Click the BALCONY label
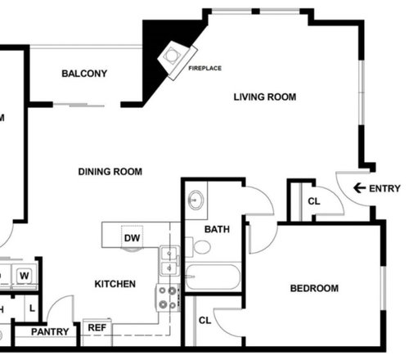(x=84, y=74)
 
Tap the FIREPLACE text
(x=205, y=68)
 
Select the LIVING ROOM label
(x=265, y=97)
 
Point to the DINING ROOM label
(x=110, y=172)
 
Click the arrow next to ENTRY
(x=359, y=188)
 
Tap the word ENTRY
(x=384, y=188)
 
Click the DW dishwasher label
(x=132, y=238)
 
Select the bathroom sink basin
(x=196, y=200)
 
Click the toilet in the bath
(x=199, y=247)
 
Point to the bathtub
(x=213, y=277)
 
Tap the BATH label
(x=217, y=229)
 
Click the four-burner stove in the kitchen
(x=168, y=298)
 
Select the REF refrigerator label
(x=97, y=327)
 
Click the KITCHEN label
(x=115, y=284)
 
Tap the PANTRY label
(x=50, y=332)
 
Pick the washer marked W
(x=25, y=276)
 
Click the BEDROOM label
(x=314, y=289)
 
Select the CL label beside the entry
(x=314, y=201)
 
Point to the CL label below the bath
(x=204, y=320)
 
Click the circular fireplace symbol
(x=171, y=56)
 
